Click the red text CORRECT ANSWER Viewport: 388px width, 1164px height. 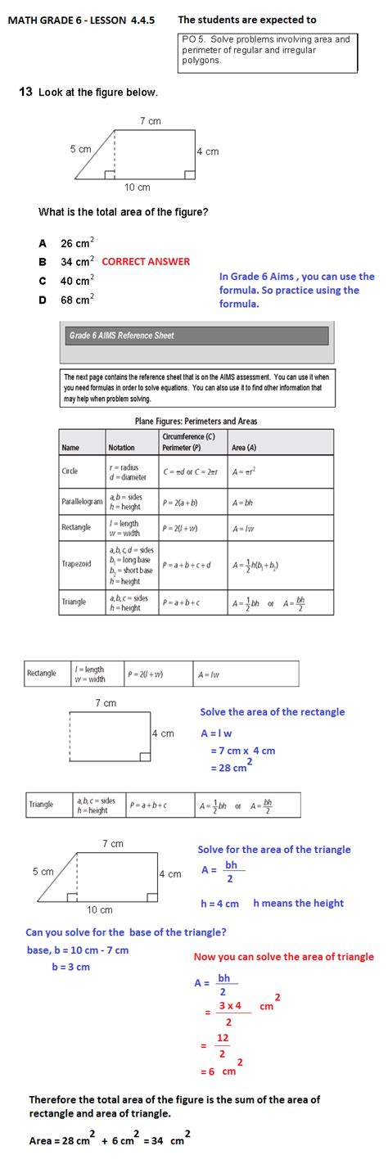(x=146, y=262)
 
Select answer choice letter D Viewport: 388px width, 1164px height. (x=42, y=300)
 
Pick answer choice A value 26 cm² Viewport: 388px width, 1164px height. (x=77, y=243)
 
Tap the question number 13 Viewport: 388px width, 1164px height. (x=25, y=92)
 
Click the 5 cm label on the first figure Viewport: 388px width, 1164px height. (x=80, y=150)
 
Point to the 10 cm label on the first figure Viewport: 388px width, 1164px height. (x=137, y=187)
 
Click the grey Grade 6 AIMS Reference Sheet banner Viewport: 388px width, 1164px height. (x=195, y=336)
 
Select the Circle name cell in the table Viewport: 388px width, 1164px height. (x=70, y=471)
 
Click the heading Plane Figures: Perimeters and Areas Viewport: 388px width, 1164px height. (x=196, y=422)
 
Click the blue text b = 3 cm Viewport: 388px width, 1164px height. (x=70, y=967)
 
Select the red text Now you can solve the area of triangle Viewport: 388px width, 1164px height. (x=283, y=957)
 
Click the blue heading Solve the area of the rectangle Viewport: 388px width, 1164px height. (x=272, y=712)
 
